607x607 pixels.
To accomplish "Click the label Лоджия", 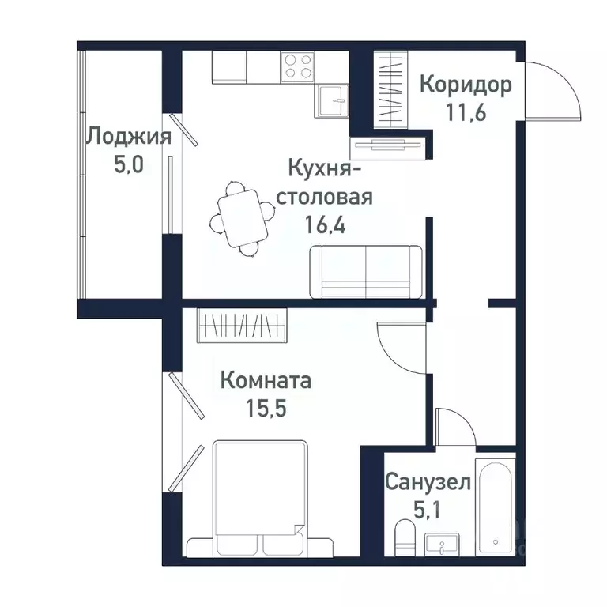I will click(x=128, y=137).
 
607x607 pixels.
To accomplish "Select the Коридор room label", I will click(x=465, y=84).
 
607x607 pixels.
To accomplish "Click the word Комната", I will click(x=265, y=381).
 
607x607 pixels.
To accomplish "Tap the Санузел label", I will click(x=428, y=482).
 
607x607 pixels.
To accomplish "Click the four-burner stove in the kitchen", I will click(x=296, y=66).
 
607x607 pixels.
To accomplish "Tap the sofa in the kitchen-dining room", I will click(x=366, y=271).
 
